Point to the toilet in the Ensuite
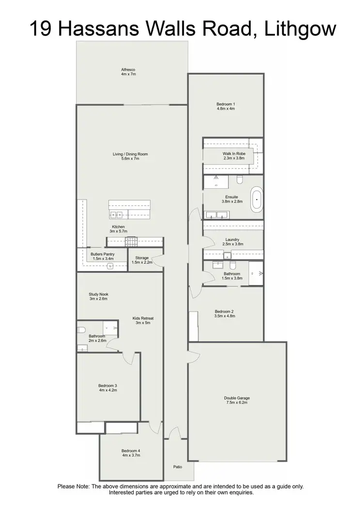point(240,180)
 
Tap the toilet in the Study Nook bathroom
point(81,330)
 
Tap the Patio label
point(178,467)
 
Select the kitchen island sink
point(116,215)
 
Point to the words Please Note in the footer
point(74,486)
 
